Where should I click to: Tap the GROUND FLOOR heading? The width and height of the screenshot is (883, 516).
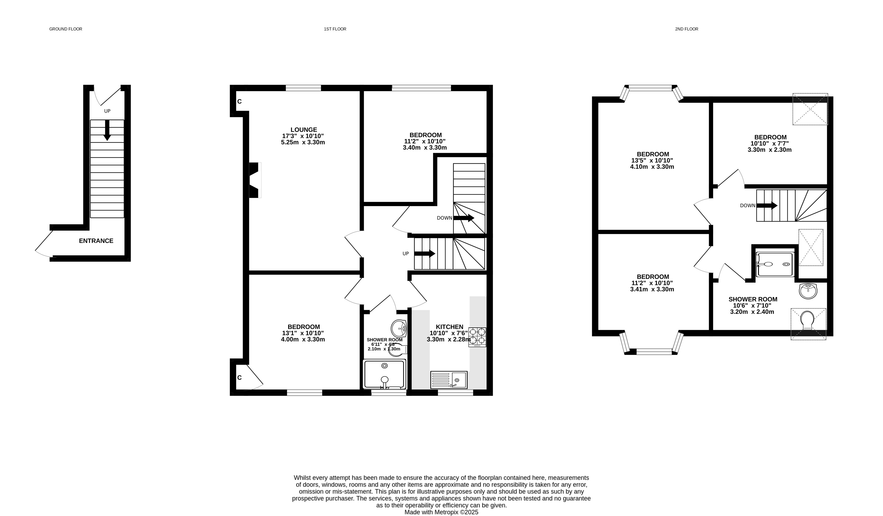(x=66, y=29)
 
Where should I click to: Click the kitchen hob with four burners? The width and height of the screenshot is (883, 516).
(x=477, y=337)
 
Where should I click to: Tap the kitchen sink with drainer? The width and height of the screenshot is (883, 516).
(x=449, y=380)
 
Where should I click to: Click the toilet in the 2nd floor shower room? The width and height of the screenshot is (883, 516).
(x=807, y=320)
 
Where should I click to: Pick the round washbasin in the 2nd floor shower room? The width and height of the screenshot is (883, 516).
(x=809, y=291)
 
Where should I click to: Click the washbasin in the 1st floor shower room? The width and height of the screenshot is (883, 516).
(x=399, y=328)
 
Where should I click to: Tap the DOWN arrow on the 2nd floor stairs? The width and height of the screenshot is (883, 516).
(x=767, y=206)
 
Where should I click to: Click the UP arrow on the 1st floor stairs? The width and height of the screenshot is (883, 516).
(x=425, y=253)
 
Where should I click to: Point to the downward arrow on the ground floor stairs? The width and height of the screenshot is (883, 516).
(x=107, y=130)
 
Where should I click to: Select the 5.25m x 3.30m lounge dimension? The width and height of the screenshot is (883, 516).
(x=303, y=142)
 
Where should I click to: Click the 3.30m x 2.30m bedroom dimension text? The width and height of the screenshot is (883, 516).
(x=769, y=150)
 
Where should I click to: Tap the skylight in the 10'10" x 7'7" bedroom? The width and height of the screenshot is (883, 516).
(x=810, y=109)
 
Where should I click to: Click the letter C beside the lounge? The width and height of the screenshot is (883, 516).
(x=240, y=102)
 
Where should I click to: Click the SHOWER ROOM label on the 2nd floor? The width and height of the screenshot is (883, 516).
(x=753, y=300)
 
